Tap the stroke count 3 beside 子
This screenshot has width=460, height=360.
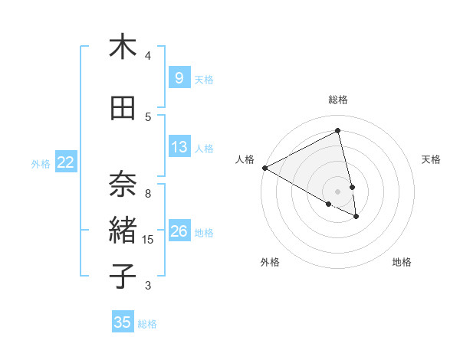[x=148, y=286]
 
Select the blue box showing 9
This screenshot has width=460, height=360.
[x=179, y=78]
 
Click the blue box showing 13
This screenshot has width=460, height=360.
[x=179, y=147]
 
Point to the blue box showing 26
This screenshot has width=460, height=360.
[x=179, y=231]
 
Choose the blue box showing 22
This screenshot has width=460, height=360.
[x=66, y=162]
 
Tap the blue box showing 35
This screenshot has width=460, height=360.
[x=123, y=322]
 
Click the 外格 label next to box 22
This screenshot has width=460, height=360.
[x=41, y=163]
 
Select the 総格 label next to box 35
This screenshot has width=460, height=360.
[x=147, y=324]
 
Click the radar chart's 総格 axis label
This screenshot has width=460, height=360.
[x=338, y=100]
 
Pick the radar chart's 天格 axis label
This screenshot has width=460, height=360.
[x=431, y=159]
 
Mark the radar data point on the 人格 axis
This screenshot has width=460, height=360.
[x=264, y=168]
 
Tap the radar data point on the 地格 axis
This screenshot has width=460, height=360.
[x=356, y=217]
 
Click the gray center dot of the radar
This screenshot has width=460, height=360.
[x=338, y=191]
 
